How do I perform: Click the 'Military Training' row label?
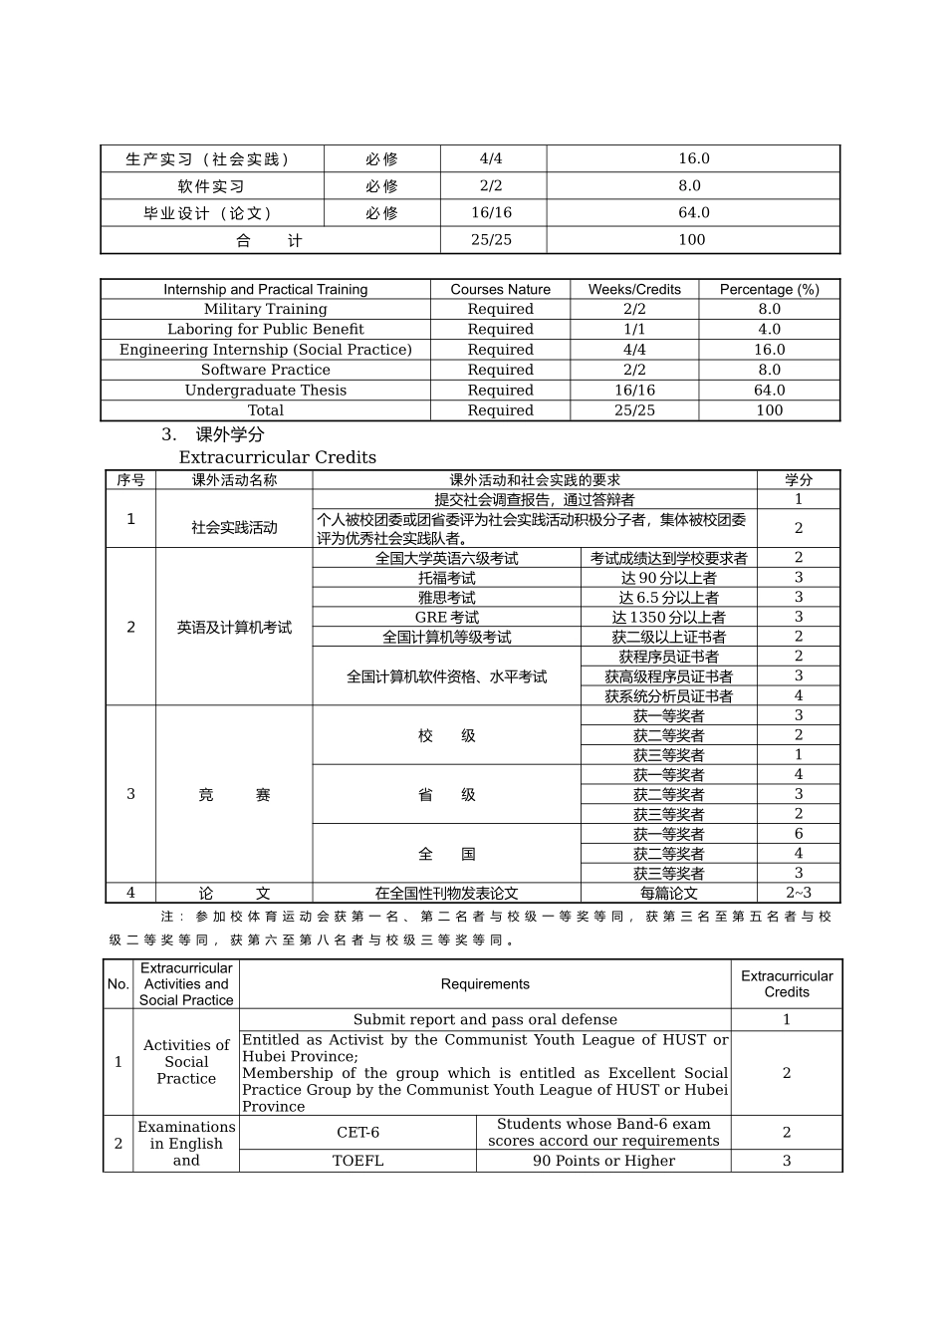[x=265, y=309]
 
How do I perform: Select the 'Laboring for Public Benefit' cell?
[x=265, y=329]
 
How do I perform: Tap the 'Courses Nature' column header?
[x=500, y=289]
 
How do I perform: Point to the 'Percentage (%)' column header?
[x=769, y=289]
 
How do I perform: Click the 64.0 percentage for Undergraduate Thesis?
[x=769, y=391]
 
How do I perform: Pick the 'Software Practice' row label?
[x=265, y=370]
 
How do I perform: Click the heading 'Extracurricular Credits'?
[x=278, y=457]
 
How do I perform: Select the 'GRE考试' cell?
[x=446, y=617]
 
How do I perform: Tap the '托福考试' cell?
[x=446, y=578]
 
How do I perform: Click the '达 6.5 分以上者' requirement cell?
[x=668, y=598]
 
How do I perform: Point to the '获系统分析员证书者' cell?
[x=668, y=696]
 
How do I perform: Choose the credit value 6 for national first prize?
[x=798, y=834]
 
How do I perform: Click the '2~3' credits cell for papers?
[x=798, y=893]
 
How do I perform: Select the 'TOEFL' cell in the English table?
[x=357, y=1161]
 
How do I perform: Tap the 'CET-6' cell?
[x=357, y=1133]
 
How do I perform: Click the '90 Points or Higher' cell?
[x=603, y=1161]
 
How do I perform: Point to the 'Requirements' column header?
[x=485, y=984]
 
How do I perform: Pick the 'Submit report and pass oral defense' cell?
[x=485, y=1019]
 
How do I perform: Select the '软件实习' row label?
[x=211, y=186]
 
